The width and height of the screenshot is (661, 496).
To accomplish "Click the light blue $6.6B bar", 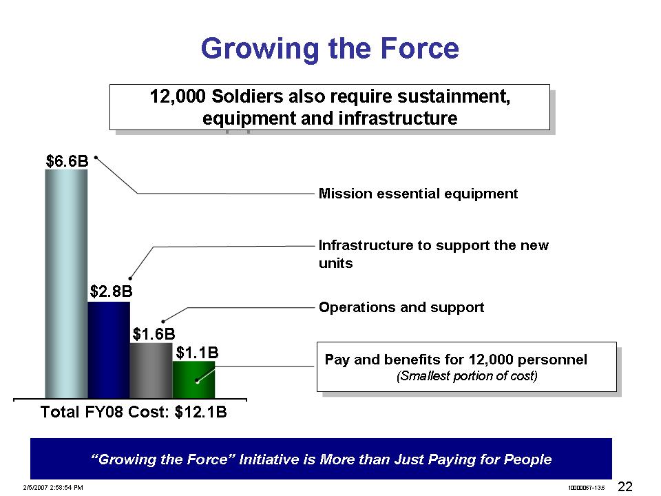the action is point(66,284).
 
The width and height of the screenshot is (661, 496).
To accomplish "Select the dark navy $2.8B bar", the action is point(109,350).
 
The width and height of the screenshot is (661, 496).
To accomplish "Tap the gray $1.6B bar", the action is point(151,371).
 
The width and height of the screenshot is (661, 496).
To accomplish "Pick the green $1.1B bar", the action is point(193,380).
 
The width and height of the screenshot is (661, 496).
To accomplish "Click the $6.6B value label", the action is point(67,161).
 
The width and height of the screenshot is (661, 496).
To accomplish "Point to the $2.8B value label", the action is point(112,291).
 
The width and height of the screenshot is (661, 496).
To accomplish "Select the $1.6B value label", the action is point(154,335).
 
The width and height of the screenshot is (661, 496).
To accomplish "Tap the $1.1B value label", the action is point(198,353).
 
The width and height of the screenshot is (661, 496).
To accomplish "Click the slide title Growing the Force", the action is point(330,48).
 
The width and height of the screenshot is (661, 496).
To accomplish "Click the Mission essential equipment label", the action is point(418,194).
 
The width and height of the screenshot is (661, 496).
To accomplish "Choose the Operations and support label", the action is point(401,307).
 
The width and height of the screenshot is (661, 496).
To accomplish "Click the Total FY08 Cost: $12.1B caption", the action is point(134,412).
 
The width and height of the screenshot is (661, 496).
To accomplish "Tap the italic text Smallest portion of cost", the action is point(467,375).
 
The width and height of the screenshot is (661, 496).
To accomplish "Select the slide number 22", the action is point(625,487).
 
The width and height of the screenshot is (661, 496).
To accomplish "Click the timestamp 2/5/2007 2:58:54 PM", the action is point(53,488).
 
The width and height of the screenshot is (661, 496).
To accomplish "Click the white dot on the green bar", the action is point(197,382).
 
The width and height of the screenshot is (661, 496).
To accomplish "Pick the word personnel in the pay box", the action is point(552,360).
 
